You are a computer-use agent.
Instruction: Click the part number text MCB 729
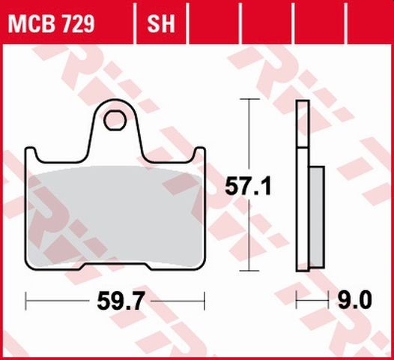(x=52, y=24)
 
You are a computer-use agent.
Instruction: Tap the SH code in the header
(x=160, y=24)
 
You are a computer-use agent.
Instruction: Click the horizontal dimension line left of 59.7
(x=60, y=302)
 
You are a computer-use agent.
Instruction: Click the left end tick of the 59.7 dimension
(x=26, y=302)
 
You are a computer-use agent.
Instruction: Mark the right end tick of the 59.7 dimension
(x=204, y=302)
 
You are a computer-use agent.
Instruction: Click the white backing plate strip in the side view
(x=302, y=187)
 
